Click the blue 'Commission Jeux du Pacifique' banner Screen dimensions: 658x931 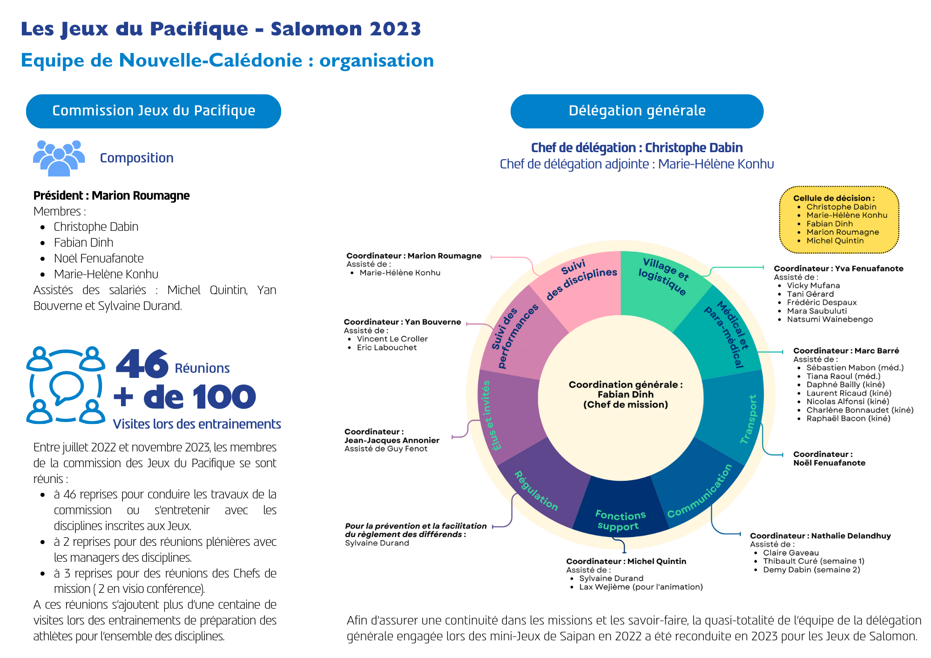point(154,111)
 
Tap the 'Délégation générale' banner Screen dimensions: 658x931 point(637,111)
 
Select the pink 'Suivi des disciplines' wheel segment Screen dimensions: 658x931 point(582,284)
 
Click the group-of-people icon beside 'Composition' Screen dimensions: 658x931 point(59,158)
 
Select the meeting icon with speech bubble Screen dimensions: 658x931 point(66,385)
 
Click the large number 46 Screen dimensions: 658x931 point(142,364)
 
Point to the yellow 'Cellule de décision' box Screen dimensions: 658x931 point(839,220)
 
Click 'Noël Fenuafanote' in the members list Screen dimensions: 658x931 point(99,258)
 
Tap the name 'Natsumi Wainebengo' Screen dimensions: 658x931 point(830,319)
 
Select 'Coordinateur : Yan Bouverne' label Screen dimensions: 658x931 point(402,322)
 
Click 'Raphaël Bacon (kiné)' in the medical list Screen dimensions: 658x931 point(848,418)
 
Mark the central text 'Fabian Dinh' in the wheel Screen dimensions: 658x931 point(625,395)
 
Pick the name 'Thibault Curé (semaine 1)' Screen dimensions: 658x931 point(813,561)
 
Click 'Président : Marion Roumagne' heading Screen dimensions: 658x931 point(111,195)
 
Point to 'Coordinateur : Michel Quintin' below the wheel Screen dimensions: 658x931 point(626,561)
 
